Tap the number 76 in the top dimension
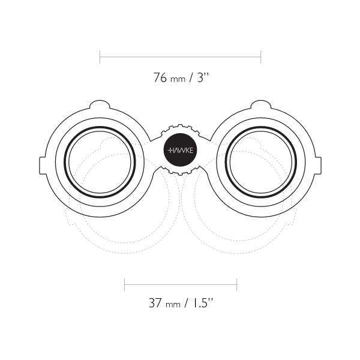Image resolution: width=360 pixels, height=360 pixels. click(x=160, y=78)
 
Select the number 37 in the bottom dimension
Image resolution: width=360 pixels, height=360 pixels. click(x=155, y=303)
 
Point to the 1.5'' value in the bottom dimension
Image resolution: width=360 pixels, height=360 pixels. click(x=202, y=303)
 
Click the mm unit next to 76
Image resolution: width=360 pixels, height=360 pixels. click(x=178, y=79)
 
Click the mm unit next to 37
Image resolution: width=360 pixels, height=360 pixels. click(x=173, y=304)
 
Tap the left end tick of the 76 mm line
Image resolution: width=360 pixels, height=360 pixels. click(x=100, y=58)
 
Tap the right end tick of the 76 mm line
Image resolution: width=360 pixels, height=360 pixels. click(x=260, y=58)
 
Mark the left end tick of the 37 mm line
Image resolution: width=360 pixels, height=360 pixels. click(x=124, y=283)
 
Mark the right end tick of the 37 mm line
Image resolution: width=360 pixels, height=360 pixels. click(x=236, y=283)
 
